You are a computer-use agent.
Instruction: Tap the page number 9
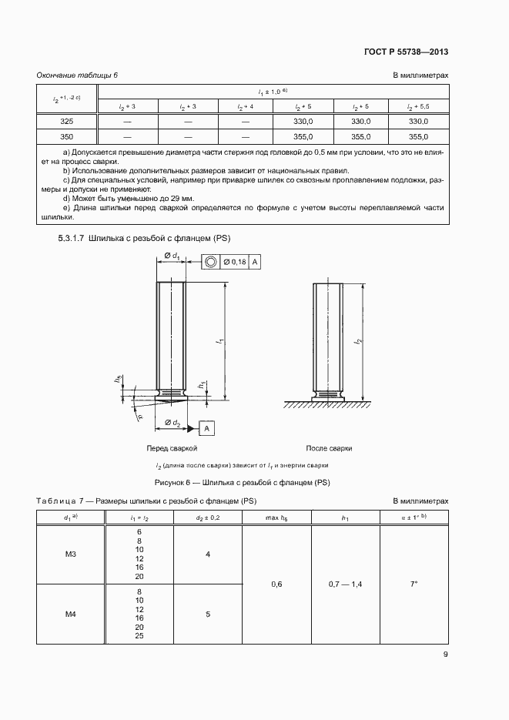coord(445,655)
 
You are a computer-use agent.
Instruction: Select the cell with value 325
coord(67,122)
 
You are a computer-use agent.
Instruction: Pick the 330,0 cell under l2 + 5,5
coord(418,122)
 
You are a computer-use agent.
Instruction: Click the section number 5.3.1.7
coord(72,239)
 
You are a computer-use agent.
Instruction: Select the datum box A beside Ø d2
coord(208,427)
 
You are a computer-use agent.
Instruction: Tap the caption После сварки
coord(329,447)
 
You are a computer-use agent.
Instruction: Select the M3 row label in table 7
coord(67,554)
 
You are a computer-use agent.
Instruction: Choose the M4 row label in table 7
coord(67,614)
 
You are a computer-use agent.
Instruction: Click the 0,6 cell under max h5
coord(276,584)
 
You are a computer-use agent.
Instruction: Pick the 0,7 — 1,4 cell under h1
coord(345,584)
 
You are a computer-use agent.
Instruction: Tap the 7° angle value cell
coord(414,584)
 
